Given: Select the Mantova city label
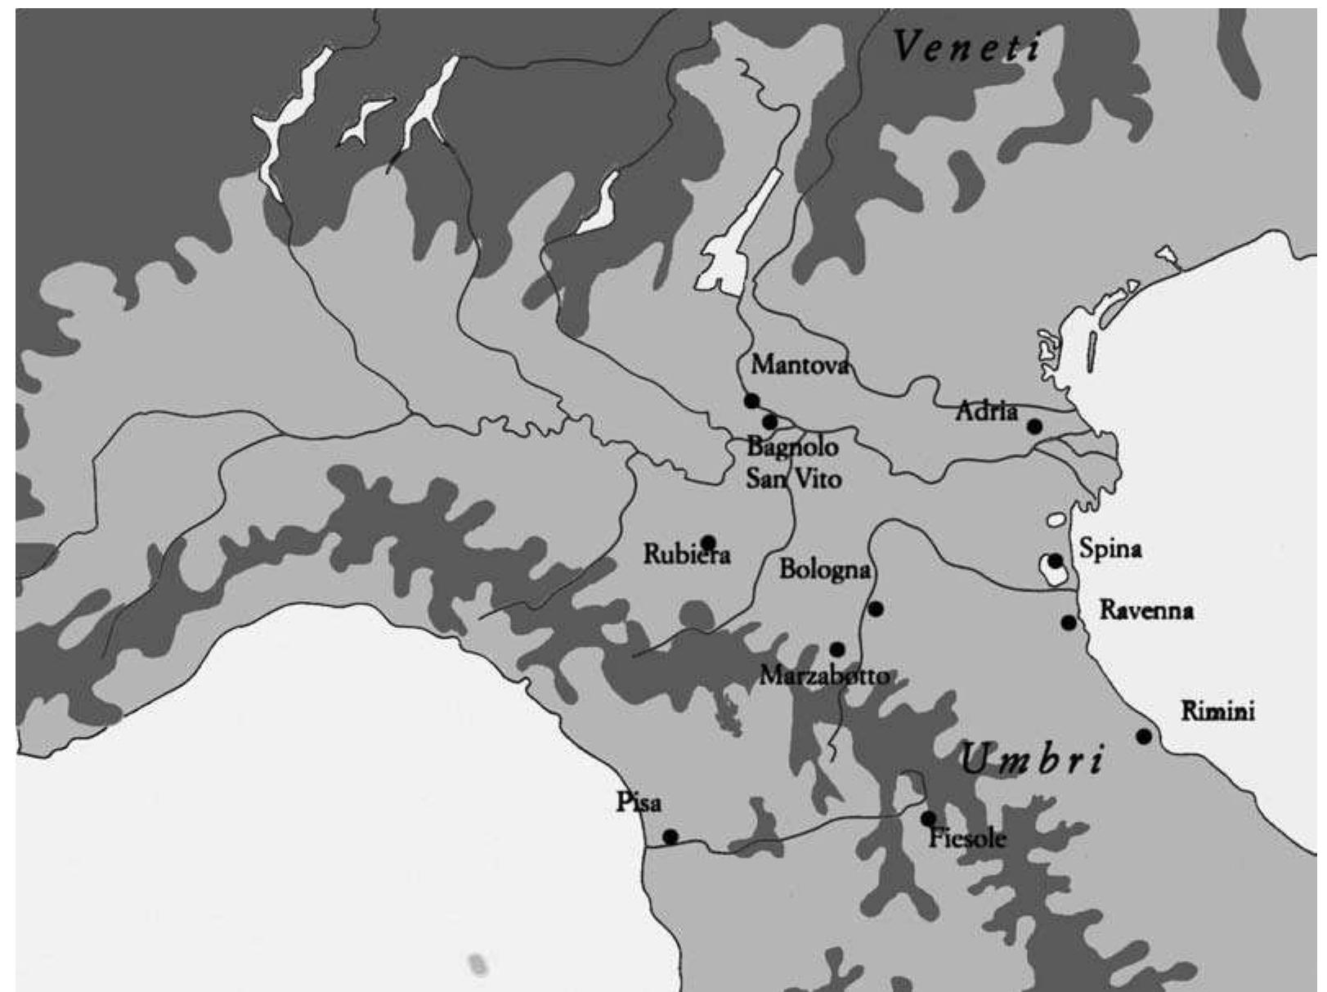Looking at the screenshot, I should [800, 364].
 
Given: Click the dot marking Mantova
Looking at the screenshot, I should [751, 401].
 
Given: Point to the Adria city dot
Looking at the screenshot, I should [1034, 425].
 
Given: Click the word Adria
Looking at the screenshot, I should [987, 411].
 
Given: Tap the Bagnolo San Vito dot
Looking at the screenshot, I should [769, 422].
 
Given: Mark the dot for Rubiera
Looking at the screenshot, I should [708, 542].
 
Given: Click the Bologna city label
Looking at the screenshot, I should [824, 570].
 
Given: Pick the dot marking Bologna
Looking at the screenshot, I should [876, 609].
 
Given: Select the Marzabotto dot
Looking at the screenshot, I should [837, 649].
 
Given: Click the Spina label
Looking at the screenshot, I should [1110, 548].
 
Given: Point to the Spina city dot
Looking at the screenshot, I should [1056, 561].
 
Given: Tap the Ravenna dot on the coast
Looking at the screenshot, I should [1069, 622].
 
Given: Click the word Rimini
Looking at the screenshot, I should [1217, 711].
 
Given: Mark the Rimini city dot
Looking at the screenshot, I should [1144, 736].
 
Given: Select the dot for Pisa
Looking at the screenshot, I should [670, 837].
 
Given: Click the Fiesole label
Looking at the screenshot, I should [967, 838].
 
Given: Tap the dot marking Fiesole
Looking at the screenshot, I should [928, 818].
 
